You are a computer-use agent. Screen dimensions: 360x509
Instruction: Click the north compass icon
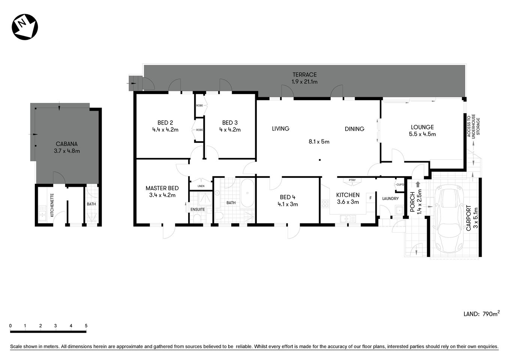point(25,27)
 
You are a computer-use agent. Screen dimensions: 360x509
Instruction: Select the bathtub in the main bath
point(247,193)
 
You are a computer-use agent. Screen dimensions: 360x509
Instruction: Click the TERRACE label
point(304,75)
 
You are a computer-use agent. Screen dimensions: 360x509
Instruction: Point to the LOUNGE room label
point(422,127)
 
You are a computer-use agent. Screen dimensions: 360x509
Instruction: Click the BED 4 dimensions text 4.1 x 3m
point(287,204)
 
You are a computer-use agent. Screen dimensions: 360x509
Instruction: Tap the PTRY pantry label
point(352,180)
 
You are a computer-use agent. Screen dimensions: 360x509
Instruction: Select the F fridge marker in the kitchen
point(371,198)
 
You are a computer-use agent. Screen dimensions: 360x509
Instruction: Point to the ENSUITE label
point(198,209)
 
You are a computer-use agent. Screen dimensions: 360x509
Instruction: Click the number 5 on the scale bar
point(86,326)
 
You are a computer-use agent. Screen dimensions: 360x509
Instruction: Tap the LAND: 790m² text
point(481,314)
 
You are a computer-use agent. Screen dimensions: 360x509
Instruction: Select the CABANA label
point(67,144)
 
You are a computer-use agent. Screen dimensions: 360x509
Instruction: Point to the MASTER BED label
point(162,188)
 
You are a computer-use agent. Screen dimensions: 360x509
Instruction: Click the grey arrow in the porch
point(418,184)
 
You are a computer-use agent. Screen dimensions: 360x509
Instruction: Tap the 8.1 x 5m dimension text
point(319,142)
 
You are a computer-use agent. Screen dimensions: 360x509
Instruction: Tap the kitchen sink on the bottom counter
point(347,218)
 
